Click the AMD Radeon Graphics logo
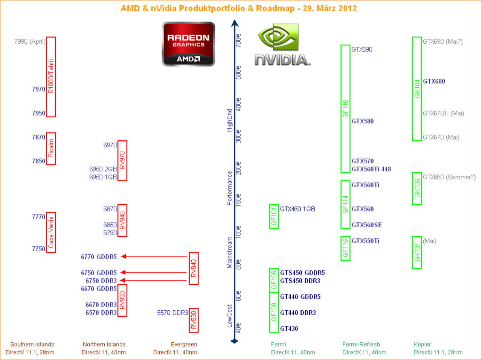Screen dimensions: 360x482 [x=188, y=44]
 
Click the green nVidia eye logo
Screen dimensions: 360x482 [x=278, y=37]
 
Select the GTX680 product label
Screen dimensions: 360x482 [x=434, y=81]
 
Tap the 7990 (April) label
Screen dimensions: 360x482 [x=30, y=41]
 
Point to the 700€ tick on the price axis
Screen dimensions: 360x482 [x=238, y=40]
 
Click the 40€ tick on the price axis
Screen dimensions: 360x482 [x=238, y=328]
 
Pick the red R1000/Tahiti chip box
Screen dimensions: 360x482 [x=51, y=77]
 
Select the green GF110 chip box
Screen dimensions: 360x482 [x=345, y=109]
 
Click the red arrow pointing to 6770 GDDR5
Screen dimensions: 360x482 [x=154, y=257]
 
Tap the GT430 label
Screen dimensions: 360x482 [x=289, y=328]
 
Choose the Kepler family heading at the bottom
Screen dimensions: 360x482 [x=422, y=344]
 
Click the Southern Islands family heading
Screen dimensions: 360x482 [x=32, y=344]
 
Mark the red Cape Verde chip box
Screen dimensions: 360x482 [x=51, y=232]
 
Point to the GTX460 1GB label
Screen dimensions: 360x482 [x=297, y=209]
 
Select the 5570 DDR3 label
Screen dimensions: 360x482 [x=172, y=313]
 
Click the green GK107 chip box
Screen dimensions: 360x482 [x=417, y=252]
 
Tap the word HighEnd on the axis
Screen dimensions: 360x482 [x=229, y=120]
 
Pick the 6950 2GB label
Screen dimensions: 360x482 [x=103, y=169]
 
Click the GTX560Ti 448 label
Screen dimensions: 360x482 [x=371, y=169]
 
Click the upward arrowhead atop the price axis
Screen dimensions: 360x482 [x=235, y=23]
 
